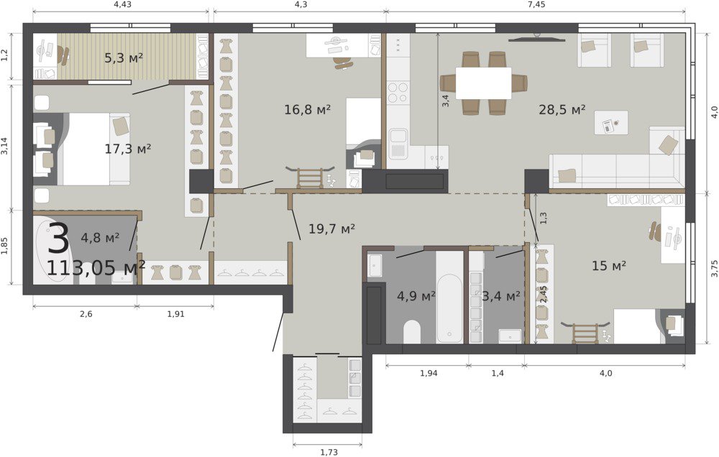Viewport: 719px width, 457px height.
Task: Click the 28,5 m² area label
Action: [562, 110]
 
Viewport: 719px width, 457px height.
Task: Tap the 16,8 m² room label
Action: [308, 110]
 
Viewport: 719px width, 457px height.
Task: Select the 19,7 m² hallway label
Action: [331, 228]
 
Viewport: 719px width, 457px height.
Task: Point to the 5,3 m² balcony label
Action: [124, 58]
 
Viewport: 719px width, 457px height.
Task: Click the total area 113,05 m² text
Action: [96, 268]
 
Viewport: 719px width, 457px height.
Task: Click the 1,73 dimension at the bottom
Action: [329, 453]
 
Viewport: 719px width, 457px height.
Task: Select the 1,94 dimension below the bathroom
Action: [429, 373]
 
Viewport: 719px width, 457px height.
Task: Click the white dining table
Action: [483, 83]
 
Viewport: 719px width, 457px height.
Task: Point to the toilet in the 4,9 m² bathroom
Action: [412, 331]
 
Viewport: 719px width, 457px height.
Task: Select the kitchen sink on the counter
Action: [398, 144]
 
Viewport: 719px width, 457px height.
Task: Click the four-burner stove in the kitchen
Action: [398, 92]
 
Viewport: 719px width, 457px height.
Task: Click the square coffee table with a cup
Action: [610, 123]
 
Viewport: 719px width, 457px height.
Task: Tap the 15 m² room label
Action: [609, 265]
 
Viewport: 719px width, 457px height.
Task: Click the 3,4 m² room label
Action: [500, 296]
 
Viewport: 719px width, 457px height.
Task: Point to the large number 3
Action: [59, 239]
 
